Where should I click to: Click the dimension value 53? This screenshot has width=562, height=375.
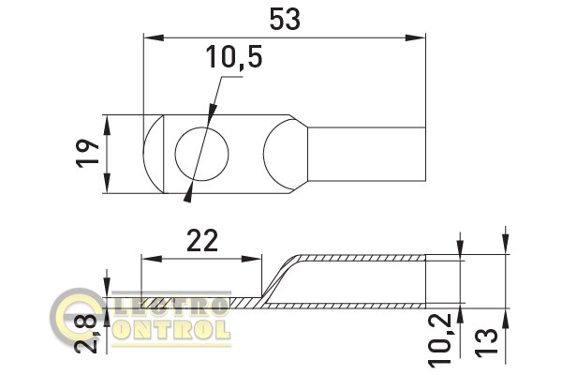tap(285, 20)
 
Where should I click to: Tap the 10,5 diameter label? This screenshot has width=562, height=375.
tap(233, 57)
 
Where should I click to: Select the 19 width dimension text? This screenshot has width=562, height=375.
tap(88, 154)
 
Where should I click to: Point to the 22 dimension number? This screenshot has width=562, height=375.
tap(202, 241)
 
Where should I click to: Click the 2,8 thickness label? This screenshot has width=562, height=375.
tap(87, 334)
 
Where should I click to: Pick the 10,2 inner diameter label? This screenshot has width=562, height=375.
tap(441, 339)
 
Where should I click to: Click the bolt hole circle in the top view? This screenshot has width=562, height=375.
tap(201, 154)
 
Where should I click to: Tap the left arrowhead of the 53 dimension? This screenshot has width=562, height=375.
tap(154, 37)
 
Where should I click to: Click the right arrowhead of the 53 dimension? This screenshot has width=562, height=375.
tap(415, 37)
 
